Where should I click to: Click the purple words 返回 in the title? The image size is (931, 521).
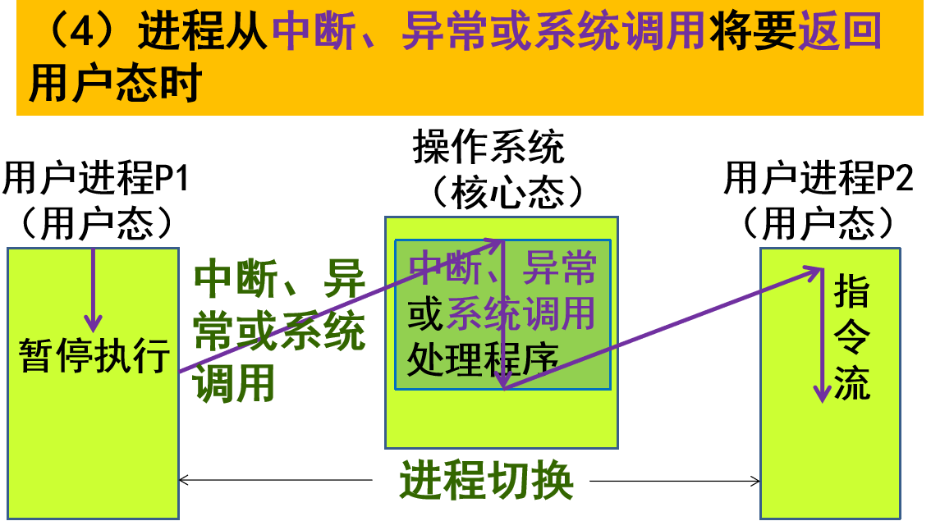click(x=839, y=33)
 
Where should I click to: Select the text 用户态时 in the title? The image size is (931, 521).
click(x=116, y=84)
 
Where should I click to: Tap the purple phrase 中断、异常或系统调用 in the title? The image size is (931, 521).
click(x=488, y=33)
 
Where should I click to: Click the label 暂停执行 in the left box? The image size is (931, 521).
click(x=94, y=356)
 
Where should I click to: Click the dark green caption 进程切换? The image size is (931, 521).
click(x=486, y=481)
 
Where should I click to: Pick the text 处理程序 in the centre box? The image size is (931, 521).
click(x=482, y=359)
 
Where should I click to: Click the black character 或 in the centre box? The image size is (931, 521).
click(x=425, y=313)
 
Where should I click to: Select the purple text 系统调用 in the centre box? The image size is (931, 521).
click(x=521, y=313)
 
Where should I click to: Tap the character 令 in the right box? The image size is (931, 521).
click(x=851, y=336)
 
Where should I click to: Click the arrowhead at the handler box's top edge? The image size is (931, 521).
click(x=495, y=243)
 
